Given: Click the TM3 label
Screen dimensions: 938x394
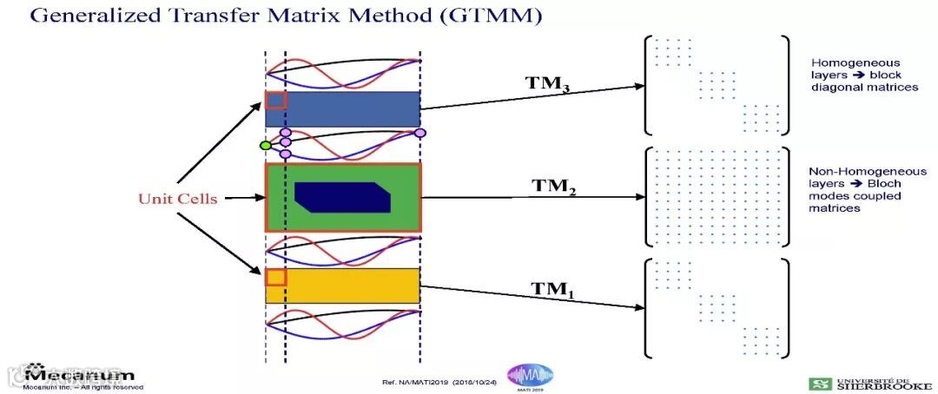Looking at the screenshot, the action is coord(548,84).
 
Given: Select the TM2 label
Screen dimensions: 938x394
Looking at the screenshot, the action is coord(555,187).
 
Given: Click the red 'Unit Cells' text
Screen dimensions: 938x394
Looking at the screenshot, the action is coord(177,199).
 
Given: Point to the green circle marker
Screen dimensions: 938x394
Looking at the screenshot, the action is coord(266,145).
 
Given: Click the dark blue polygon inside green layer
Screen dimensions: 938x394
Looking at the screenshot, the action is coord(341,197).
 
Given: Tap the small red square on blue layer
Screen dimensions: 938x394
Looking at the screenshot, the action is coord(274,100).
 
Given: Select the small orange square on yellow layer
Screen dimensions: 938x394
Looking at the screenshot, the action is coord(275,278).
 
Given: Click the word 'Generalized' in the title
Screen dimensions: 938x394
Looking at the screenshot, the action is coord(88,16).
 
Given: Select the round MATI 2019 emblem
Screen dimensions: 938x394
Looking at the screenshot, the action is coord(530,377).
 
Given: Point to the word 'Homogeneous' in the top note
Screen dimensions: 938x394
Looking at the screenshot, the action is coord(843,63).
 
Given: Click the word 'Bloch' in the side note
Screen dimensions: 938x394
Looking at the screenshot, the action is coord(885,184).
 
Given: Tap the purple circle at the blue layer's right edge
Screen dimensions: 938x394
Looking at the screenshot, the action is coord(420,133).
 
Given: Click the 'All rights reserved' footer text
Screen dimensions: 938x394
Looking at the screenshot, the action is coord(114,387).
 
